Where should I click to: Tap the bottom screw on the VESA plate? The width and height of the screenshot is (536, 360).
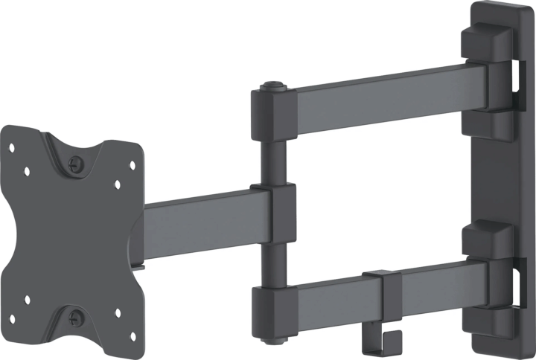click(x=74, y=318)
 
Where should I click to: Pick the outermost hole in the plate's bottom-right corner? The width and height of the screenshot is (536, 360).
click(x=128, y=318)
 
